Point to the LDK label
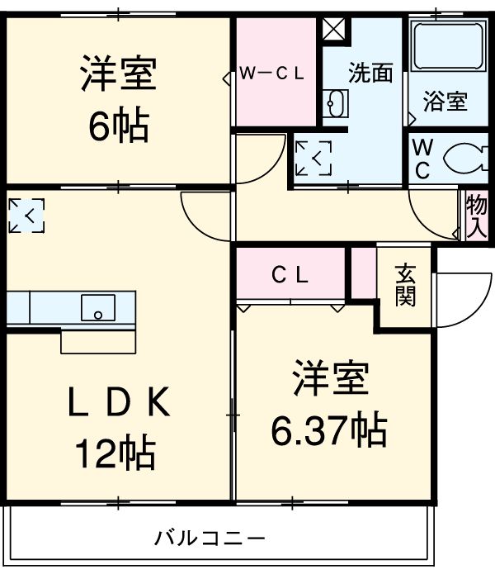click(118, 405)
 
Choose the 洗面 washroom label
click(370, 74)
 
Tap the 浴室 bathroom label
click(445, 102)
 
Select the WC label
click(422, 159)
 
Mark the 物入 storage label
click(476, 216)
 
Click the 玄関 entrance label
click(404, 285)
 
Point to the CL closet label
click(290, 276)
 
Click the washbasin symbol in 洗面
click(337, 104)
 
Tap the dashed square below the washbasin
click(313, 159)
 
